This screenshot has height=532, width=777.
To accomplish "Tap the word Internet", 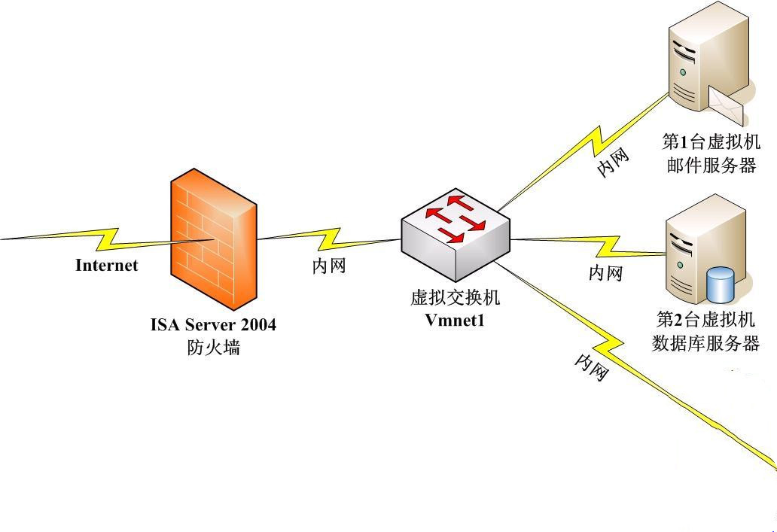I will pyautogui.click(x=107, y=266).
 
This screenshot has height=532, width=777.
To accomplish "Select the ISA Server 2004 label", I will pyautogui.click(x=213, y=325).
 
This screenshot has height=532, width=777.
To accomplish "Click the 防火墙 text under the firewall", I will pyautogui.click(x=213, y=348).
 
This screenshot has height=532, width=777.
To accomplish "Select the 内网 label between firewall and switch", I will pyautogui.click(x=329, y=266).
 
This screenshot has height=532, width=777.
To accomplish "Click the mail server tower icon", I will pyautogui.click(x=704, y=64).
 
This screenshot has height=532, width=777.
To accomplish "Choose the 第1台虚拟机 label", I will pyautogui.click(x=711, y=142).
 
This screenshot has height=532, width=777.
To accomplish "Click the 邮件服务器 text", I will pyautogui.click(x=711, y=165).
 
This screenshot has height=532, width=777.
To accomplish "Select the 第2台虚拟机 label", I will pyautogui.click(x=705, y=320).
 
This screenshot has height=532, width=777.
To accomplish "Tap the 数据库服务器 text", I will pyautogui.click(x=705, y=343).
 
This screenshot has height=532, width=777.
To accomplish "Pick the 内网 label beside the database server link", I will pyautogui.click(x=605, y=272).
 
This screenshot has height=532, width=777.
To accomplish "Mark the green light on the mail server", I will pyautogui.click(x=682, y=73).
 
